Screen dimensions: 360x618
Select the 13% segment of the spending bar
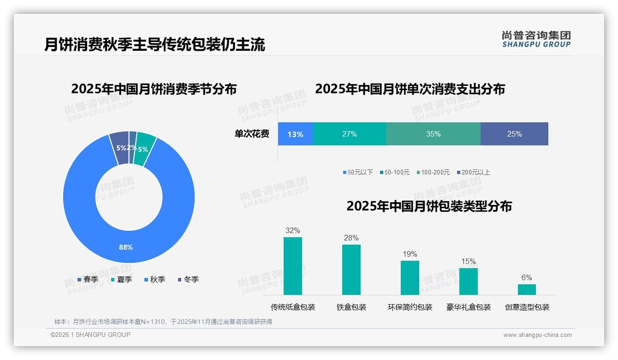coord(295,134)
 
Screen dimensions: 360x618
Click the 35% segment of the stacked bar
coord(433,134)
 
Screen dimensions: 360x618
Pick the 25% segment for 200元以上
coord(514,134)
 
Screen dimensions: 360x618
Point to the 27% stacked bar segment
coord(349,134)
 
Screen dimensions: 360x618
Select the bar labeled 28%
coord(351,270)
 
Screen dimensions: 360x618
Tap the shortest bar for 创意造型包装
coord(527,289)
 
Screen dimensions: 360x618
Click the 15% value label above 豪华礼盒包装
coord(468,262)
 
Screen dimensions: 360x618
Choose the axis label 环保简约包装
coord(410,307)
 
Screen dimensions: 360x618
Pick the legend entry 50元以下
coord(358,172)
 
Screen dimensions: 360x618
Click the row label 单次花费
coord(252,134)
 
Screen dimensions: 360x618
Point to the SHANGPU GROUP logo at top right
coord(536,39)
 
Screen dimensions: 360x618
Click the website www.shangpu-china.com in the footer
coord(537,335)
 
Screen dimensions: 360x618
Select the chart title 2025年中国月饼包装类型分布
coord(429,206)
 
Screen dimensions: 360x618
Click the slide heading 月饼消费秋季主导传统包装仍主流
coord(154,45)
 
